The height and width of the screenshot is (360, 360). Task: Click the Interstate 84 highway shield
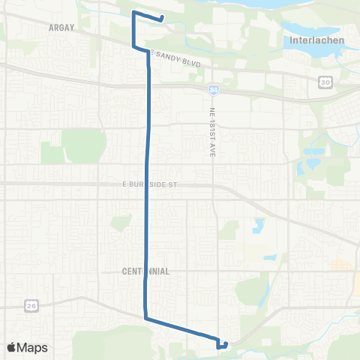click(x=214, y=90)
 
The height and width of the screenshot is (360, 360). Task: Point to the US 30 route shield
click(x=325, y=82)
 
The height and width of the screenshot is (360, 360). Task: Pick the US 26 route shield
click(x=31, y=304)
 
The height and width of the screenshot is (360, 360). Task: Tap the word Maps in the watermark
click(x=34, y=347)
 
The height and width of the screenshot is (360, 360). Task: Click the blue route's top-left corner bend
click(x=133, y=13)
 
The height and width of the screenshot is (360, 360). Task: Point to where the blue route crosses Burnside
click(x=145, y=184)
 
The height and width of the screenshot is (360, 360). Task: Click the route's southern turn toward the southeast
click(x=145, y=318)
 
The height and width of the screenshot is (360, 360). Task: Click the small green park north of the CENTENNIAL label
click(x=121, y=223)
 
